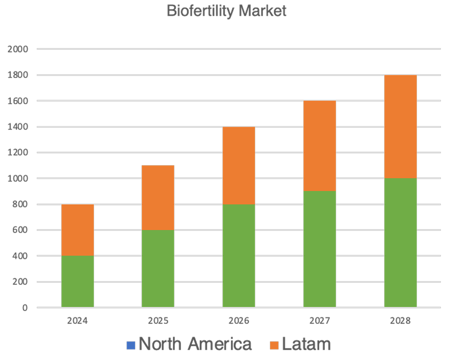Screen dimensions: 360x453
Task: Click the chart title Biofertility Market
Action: [226, 11]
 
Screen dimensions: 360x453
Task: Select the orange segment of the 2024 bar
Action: [78, 230]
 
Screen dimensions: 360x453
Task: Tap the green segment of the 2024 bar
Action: [78, 281]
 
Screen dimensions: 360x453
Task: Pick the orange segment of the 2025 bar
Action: [158, 197]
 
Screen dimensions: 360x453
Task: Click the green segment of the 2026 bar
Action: [239, 255]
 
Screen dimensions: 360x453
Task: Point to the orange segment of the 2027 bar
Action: [320, 146]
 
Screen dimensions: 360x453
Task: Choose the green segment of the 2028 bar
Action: [400, 242]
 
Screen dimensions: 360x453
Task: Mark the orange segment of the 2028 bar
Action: [400, 127]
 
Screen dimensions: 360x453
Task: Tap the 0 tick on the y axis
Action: [25, 308]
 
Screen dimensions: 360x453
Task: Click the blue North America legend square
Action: [131, 345]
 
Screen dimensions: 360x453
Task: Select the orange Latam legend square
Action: [274, 345]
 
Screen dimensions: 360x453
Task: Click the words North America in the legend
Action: [195, 344]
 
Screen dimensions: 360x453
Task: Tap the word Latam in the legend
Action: [306, 344]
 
